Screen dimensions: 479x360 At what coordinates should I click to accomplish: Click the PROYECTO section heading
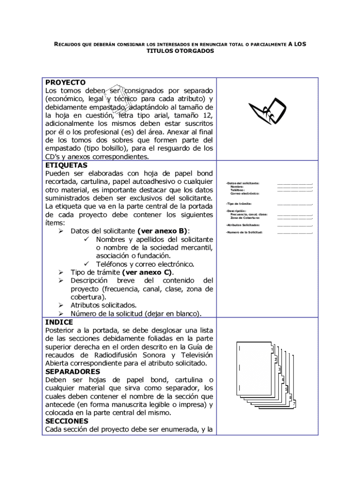coord(65,82)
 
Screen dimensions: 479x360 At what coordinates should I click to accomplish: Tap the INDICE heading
coord(59,322)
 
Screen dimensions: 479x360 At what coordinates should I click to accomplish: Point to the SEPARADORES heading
coord(72,371)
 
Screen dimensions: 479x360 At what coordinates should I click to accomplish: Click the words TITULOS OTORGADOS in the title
coord(180,51)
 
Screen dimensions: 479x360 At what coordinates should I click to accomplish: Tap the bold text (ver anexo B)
coord(163,231)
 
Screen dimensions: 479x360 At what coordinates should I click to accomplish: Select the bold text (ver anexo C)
coord(147,272)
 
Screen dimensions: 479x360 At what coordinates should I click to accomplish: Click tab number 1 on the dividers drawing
coord(272,350)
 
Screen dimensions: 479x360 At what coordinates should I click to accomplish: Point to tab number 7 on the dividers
coord(294,403)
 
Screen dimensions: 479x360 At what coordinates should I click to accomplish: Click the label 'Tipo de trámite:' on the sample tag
coord(239,204)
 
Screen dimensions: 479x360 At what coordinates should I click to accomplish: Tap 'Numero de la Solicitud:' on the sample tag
coord(244,232)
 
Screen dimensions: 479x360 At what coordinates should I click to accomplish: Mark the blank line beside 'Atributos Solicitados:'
coord(295,225)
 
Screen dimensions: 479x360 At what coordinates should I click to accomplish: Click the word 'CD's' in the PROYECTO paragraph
coord(53,157)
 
